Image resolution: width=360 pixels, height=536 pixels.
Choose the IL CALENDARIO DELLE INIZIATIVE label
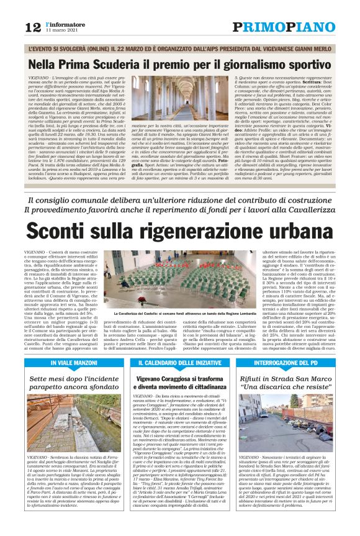click(179, 362)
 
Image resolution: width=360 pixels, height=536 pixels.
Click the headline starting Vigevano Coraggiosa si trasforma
click(179, 382)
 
